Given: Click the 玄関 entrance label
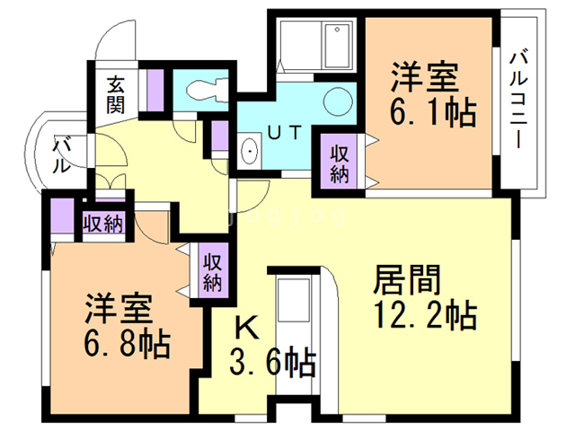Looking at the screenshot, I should click(116, 93).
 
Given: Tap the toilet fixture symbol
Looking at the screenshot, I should click(206, 90).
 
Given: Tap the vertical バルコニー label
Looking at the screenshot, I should click(519, 98).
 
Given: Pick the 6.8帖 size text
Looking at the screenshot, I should click(128, 342).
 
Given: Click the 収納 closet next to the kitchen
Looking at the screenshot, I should click(212, 273).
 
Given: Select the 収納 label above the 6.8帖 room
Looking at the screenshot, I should click(102, 223).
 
